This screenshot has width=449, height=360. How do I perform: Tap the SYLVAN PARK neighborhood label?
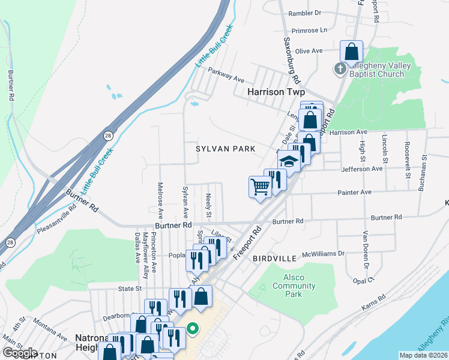226,148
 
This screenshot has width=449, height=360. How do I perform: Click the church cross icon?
339,68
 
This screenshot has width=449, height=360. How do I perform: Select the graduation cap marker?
289,161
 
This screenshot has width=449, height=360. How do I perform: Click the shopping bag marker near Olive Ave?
351,52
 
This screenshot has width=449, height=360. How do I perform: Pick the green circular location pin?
193,329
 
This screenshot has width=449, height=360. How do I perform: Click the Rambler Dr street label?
305,12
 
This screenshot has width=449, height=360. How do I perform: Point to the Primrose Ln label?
309,30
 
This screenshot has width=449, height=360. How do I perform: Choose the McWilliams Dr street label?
324,254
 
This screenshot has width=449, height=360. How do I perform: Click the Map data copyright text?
423,355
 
